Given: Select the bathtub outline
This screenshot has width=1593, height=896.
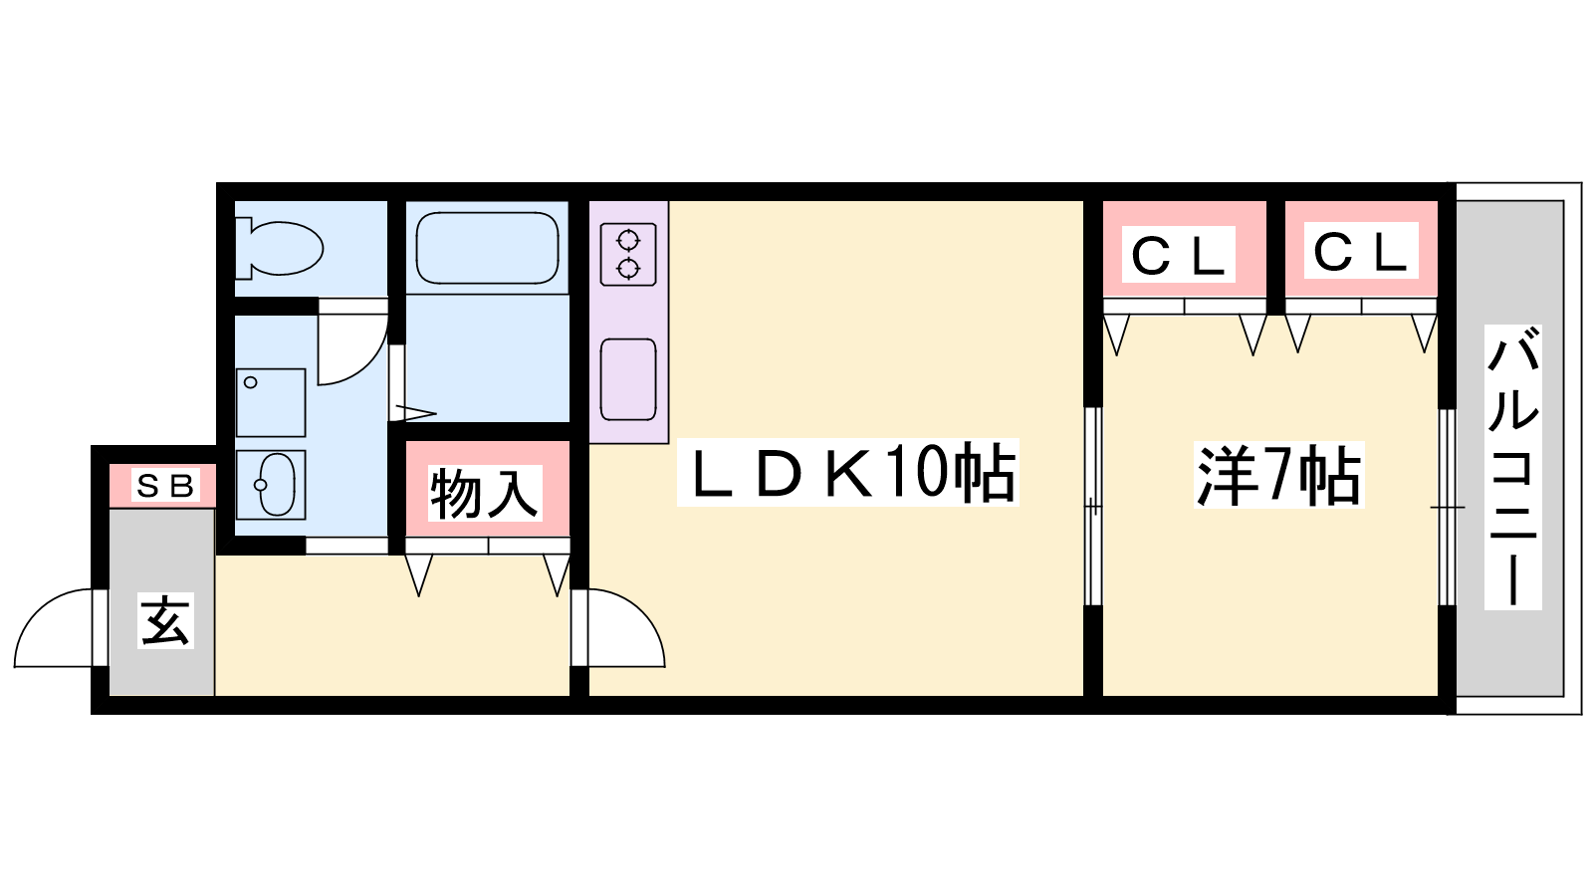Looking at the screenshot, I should click(487, 248).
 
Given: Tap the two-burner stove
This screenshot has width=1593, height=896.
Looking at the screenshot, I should click(628, 255).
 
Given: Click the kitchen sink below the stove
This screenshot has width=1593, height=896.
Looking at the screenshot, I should click(628, 379).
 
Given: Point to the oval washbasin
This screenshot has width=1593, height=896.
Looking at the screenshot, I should click(272, 485).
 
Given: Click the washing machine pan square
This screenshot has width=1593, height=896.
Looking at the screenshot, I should click(271, 402).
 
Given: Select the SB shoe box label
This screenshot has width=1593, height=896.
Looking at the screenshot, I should click(165, 486).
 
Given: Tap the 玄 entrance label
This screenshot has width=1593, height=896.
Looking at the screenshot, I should click(164, 621).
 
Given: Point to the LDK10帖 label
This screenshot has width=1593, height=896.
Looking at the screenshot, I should click(848, 473).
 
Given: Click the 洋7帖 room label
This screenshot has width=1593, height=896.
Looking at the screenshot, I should click(1278, 476).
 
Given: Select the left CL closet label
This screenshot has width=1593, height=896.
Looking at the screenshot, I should click(1179, 255).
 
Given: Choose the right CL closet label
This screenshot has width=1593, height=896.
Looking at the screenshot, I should click(1360, 251).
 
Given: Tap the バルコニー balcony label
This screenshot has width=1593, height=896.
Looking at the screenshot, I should click(1512, 466).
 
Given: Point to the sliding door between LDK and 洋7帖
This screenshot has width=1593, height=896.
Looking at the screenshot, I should click(1093, 506).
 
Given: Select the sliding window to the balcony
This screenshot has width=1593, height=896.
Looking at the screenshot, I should click(1447, 507).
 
